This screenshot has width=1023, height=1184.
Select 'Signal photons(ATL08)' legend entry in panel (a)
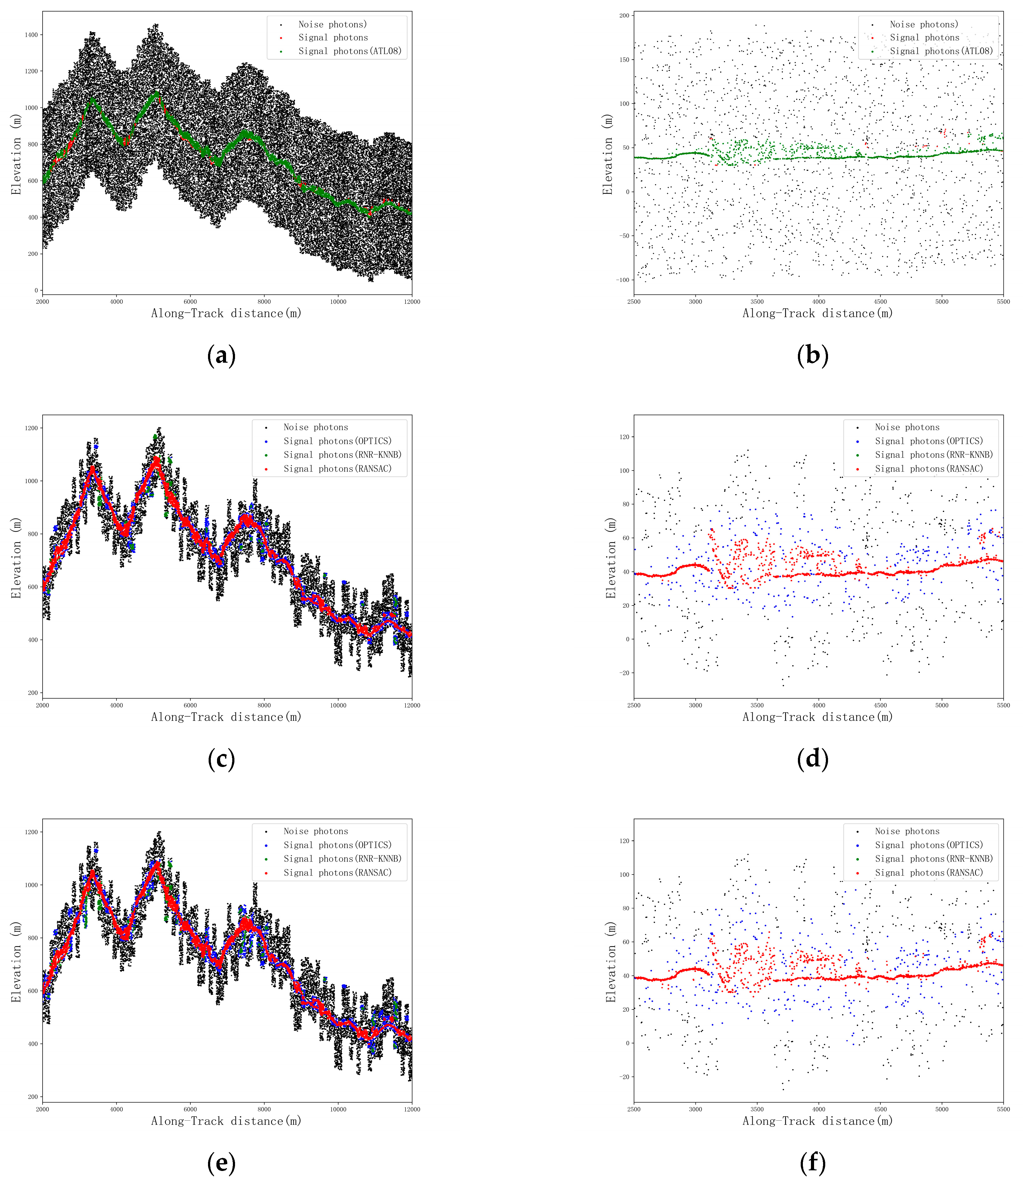pyautogui.click(x=350, y=51)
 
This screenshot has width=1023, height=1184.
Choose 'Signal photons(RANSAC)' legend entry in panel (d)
pyautogui.click(x=929, y=469)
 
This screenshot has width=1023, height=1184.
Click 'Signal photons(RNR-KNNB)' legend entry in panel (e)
pyautogui.click(x=342, y=859)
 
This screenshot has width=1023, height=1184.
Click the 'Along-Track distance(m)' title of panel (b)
pyautogui.click(x=817, y=313)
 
